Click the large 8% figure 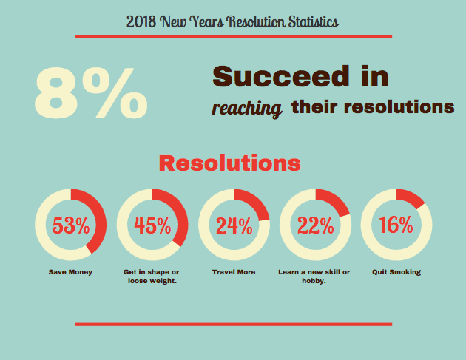coord(91,93)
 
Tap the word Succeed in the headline coord(281,76)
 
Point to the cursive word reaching coord(246,109)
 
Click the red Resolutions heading coord(230,163)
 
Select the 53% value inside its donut coord(71,225)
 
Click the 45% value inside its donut coord(152,225)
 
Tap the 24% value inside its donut coord(234,225)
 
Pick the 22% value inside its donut coord(316,225)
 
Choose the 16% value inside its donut coord(396,225)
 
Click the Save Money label coord(70,272)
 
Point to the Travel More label coord(234,272)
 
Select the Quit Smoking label coord(396,272)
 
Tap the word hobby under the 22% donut coord(313,281)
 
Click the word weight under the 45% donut coord(162,281)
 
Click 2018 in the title coord(141,21)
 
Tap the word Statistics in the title coord(313,21)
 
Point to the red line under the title coord(233,36)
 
